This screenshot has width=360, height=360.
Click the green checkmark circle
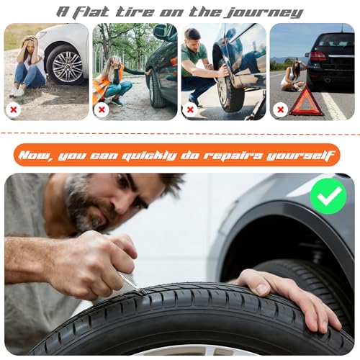(x=328, y=196)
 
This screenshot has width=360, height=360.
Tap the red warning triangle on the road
(x=306, y=102)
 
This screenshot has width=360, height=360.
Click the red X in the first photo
(x=14, y=109)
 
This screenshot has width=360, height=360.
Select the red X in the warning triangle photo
(x=280, y=109)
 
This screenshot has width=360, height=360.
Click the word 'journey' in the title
(x=264, y=12)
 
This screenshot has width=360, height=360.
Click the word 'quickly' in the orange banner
(x=149, y=156)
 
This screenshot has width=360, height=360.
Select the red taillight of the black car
(x=318, y=56)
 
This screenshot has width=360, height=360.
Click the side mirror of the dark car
(x=160, y=30)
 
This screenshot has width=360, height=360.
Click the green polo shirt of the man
(x=194, y=59)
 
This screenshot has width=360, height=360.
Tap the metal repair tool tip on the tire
(x=140, y=291)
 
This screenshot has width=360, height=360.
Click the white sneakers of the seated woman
(x=17, y=91)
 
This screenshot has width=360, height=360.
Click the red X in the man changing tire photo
(x=190, y=109)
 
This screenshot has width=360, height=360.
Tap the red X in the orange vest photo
(x=102, y=109)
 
